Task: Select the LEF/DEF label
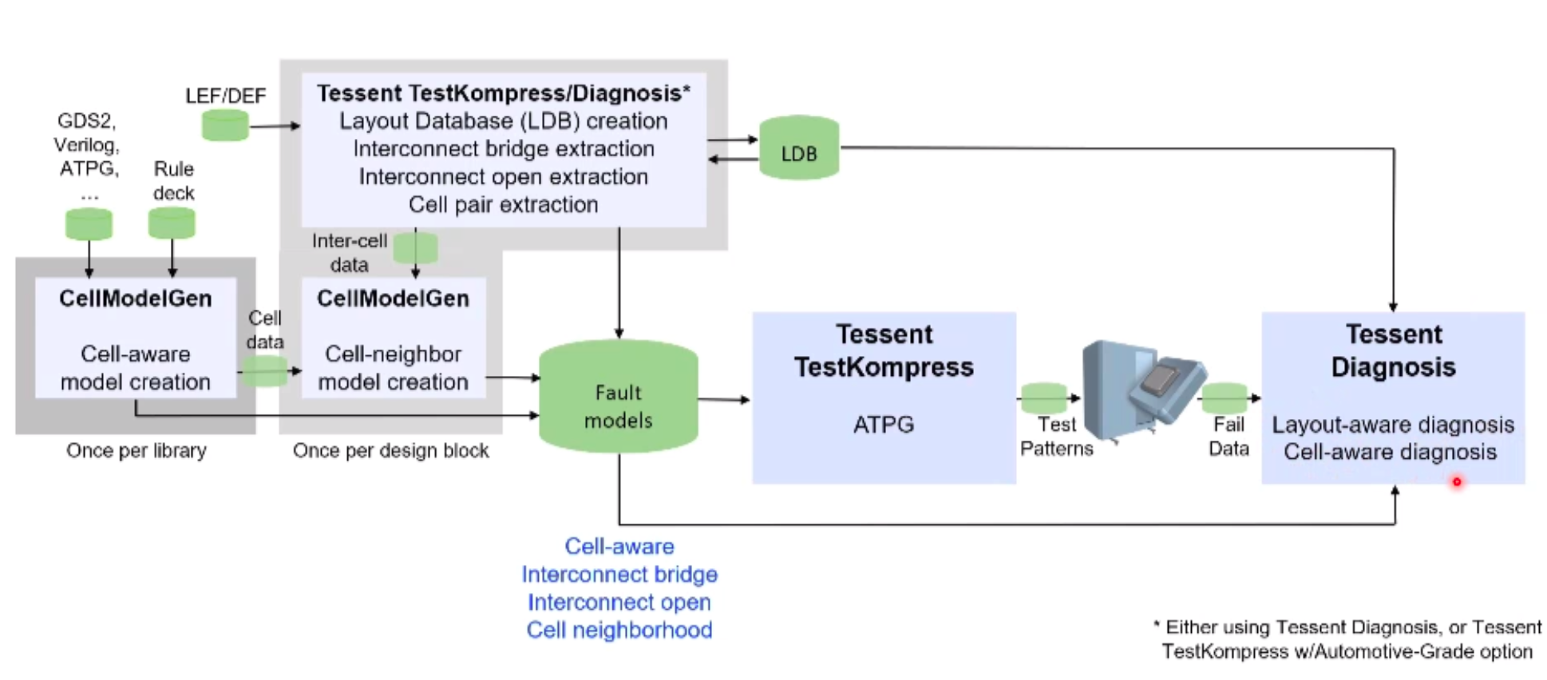pos(225,96)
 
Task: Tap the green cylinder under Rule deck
pos(172,223)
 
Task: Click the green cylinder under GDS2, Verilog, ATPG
pos(89,223)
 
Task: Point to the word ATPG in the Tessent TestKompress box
pos(883,425)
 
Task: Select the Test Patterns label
pos(1056,437)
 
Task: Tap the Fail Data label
pos(1228,437)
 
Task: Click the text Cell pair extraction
pos(503,205)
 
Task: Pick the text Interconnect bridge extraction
pos(503,149)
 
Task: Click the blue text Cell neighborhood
pos(619,630)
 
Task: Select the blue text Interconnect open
pos(619,602)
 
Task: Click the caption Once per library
pos(136,451)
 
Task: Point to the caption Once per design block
pos(390,451)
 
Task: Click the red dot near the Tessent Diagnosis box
pos(1457,481)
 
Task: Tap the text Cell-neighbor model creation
pos(393,368)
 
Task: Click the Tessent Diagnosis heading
pos(1393,350)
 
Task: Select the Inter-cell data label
pos(350,252)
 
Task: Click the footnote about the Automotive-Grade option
pos(1347,639)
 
